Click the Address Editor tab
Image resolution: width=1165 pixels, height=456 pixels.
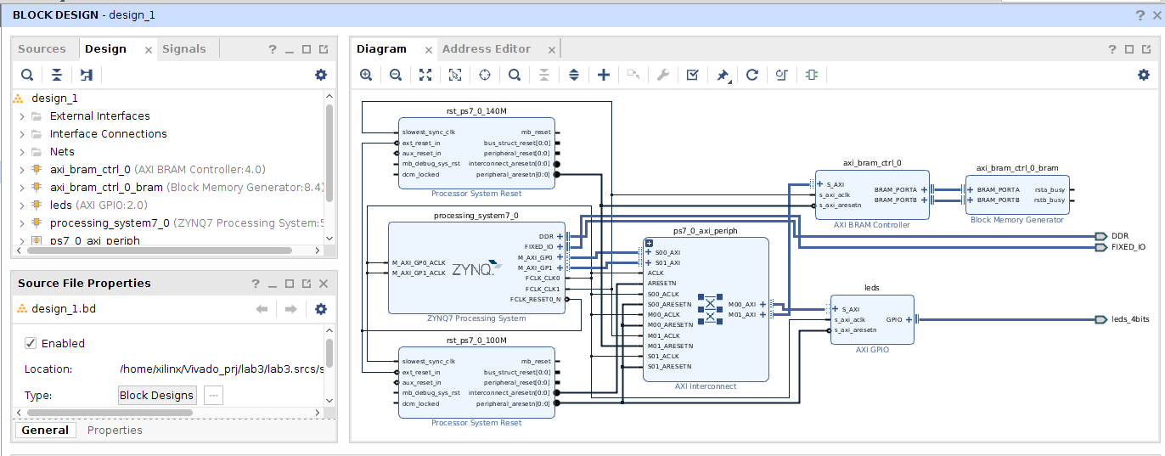click(x=487, y=49)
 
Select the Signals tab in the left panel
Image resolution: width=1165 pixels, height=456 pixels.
click(x=184, y=49)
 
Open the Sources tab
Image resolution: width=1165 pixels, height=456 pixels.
click(x=42, y=49)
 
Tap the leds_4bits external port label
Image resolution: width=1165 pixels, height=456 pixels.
click(x=1130, y=319)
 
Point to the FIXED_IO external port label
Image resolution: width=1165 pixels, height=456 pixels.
click(x=1128, y=247)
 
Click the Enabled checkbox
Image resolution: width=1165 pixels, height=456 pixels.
click(x=31, y=343)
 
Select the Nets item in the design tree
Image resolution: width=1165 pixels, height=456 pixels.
click(x=62, y=152)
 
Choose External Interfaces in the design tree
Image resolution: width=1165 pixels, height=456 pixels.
click(x=99, y=116)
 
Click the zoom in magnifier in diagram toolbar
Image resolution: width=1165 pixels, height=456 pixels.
click(x=366, y=75)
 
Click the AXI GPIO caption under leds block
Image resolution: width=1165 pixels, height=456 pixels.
click(x=872, y=349)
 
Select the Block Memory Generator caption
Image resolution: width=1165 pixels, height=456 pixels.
click(x=1016, y=220)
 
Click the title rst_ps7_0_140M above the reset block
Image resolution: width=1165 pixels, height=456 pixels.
click(x=476, y=111)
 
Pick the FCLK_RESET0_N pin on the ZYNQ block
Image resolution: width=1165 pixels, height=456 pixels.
click(x=535, y=299)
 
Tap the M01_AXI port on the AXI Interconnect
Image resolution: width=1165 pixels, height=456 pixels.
click(x=741, y=315)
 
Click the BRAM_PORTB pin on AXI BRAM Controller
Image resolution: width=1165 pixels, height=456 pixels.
click(x=895, y=200)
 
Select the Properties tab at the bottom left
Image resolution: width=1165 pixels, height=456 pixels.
click(x=115, y=431)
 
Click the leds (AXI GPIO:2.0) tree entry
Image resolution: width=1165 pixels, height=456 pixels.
click(x=98, y=205)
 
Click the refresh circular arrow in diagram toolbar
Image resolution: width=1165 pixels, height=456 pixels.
click(x=751, y=75)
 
